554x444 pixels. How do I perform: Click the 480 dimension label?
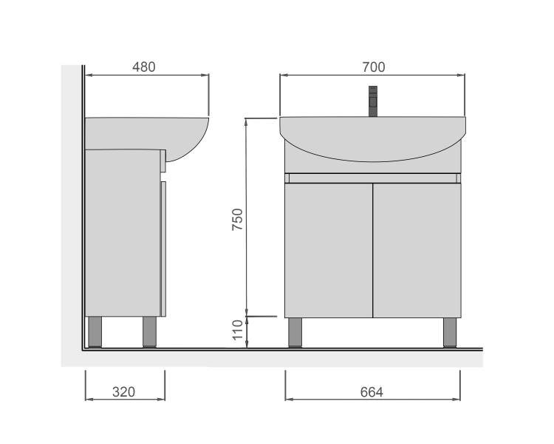(x=144, y=67)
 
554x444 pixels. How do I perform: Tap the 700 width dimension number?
(x=374, y=67)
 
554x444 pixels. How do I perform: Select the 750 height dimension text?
(x=238, y=220)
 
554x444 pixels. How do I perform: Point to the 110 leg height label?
(x=238, y=329)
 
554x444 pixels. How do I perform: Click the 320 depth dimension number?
(x=123, y=392)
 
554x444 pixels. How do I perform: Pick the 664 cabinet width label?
(x=372, y=392)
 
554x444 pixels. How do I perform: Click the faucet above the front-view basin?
(x=373, y=101)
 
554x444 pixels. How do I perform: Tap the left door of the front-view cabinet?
(x=329, y=250)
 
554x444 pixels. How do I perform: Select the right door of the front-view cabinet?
(x=417, y=250)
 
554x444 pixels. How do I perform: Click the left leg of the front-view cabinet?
(x=295, y=332)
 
